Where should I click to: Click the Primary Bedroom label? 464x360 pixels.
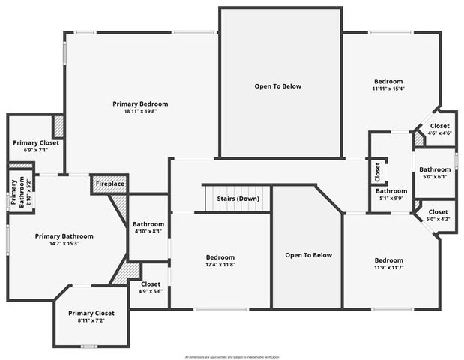pos(140,103)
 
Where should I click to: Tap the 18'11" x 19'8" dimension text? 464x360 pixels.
pos(140,112)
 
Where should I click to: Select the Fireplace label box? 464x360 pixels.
pos(109,184)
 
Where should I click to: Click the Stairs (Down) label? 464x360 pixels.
pos(238,199)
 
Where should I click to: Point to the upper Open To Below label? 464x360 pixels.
pos(277,86)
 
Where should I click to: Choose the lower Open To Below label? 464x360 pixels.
pos(308,255)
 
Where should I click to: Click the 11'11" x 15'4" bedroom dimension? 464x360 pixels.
pos(388,89)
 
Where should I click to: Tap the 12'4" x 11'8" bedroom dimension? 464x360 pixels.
pos(220,265)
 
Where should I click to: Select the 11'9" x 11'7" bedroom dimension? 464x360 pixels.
pos(388,268)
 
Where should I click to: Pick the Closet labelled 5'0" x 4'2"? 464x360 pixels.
pos(438,216)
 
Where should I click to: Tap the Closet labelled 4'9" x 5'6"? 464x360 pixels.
pos(150,288)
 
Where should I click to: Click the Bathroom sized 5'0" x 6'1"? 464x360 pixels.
pos(435,173)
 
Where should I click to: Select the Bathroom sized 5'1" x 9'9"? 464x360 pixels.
pos(391,195)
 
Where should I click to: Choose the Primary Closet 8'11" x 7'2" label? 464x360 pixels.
pos(91,316)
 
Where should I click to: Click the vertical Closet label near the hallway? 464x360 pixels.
pos(377,172)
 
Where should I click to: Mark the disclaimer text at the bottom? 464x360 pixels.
pos(232,356)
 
